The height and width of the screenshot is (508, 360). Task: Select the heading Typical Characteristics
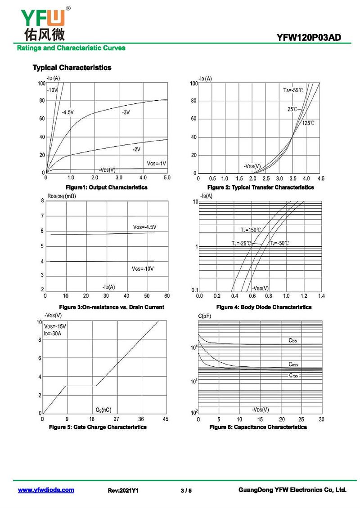[72, 67]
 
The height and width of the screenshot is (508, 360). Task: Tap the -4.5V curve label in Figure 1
[68, 112]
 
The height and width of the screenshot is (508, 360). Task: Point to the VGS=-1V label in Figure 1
[157, 162]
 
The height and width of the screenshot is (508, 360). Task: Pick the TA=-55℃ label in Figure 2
[293, 90]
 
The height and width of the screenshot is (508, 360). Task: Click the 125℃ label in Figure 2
[308, 123]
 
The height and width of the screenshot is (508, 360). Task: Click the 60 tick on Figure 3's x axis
[167, 296]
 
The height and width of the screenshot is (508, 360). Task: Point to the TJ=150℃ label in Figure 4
[251, 230]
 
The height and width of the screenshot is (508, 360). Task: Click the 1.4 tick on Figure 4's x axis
[321, 296]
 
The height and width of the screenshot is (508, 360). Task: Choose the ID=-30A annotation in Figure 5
[53, 333]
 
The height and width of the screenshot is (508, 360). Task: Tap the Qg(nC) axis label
[103, 410]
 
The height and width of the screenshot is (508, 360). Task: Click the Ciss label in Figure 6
[292, 341]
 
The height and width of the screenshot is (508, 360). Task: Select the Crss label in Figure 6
[293, 375]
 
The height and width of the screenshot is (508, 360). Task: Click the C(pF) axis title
[205, 316]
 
